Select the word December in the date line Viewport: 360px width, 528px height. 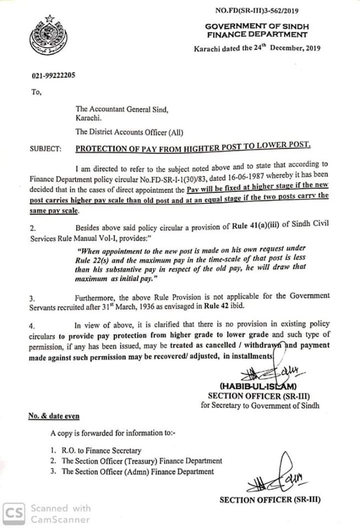tap(282, 48)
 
